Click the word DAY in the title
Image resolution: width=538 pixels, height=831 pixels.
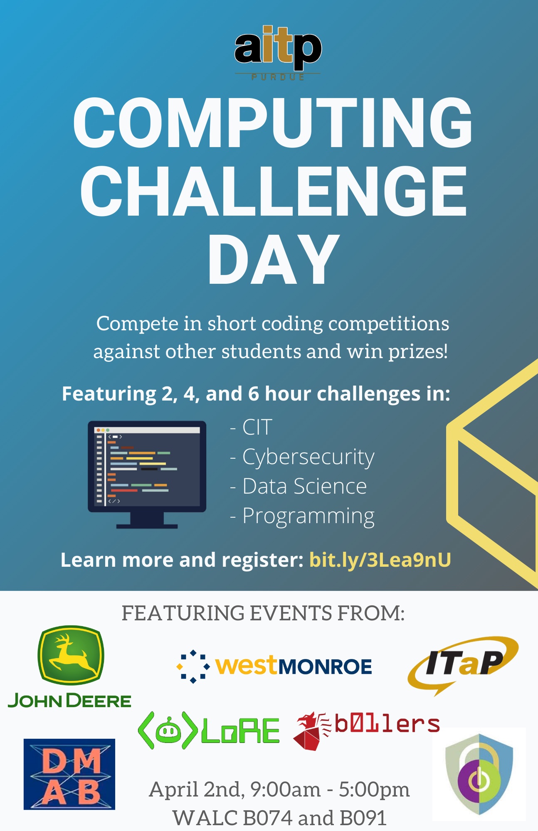click(274, 259)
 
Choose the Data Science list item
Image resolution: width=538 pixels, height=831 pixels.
click(298, 486)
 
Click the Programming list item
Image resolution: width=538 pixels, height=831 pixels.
click(302, 516)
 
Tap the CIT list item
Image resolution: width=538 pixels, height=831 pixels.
click(251, 427)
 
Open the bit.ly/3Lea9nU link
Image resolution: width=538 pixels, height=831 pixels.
click(380, 560)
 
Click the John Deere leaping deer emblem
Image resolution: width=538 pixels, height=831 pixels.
click(71, 655)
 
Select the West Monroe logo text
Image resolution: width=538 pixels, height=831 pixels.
click(294, 666)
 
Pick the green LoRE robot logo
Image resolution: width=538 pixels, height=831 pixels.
click(208, 730)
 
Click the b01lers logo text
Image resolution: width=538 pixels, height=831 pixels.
click(387, 724)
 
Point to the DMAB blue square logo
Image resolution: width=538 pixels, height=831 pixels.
click(69, 774)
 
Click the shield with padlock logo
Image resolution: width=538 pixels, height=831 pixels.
click(479, 774)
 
